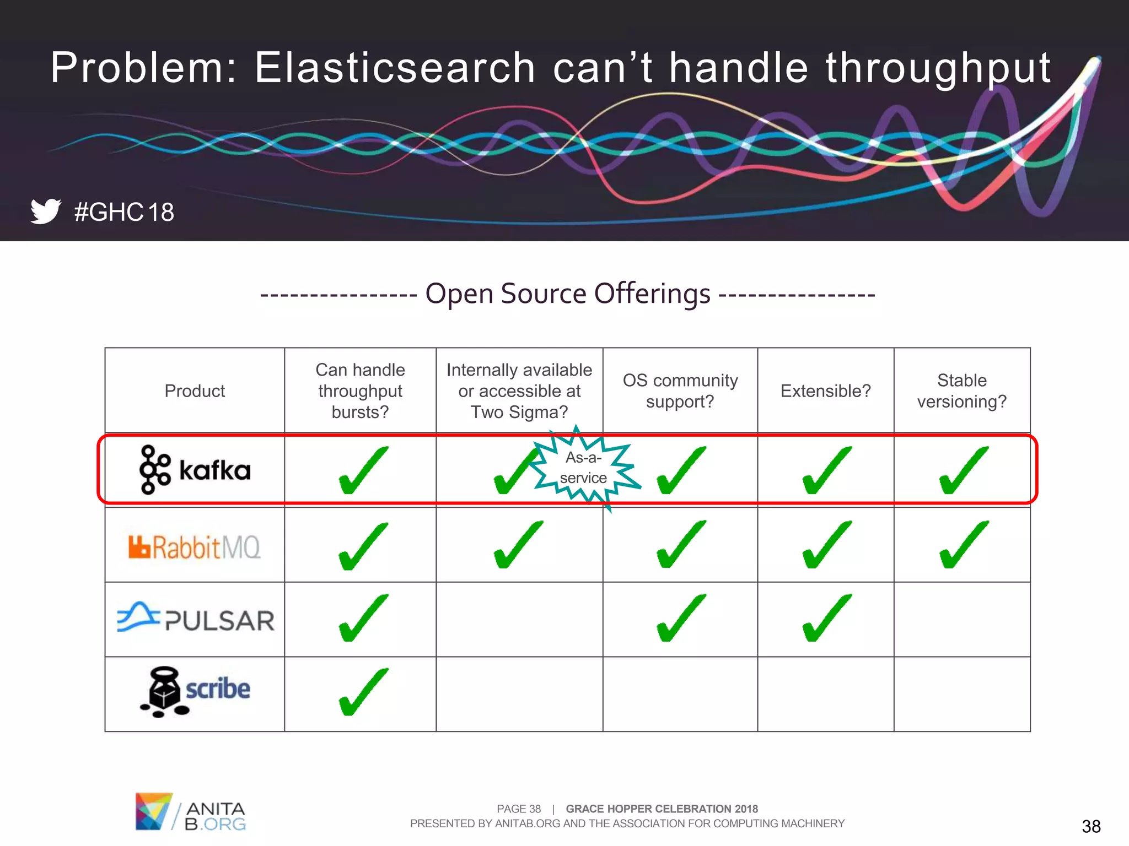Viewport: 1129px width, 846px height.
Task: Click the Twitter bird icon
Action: pyautogui.click(x=45, y=211)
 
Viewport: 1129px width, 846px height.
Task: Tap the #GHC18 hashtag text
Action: pyautogui.click(x=124, y=212)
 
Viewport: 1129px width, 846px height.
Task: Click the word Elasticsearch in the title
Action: pyautogui.click(x=395, y=68)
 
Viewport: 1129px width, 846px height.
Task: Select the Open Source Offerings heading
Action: pyautogui.click(x=567, y=294)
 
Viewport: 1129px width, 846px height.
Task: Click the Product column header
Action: pyautogui.click(x=195, y=391)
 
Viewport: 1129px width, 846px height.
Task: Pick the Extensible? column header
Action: pyautogui.click(x=825, y=391)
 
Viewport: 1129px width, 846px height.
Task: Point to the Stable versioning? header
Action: pyautogui.click(x=961, y=391)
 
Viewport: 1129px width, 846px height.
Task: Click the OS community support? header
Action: pyautogui.click(x=680, y=391)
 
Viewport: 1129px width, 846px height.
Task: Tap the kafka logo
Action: pyautogui.click(x=195, y=470)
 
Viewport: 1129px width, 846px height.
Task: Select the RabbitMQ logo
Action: pyautogui.click(x=195, y=547)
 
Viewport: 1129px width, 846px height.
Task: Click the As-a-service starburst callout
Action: pyautogui.click(x=584, y=468)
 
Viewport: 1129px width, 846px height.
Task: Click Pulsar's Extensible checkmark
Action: pyautogui.click(x=826, y=618)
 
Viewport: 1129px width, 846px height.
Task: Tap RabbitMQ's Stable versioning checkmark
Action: pyautogui.click(x=963, y=545)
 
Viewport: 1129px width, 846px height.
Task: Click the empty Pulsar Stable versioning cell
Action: pyautogui.click(x=961, y=619)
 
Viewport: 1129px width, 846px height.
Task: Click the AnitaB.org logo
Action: pyautogui.click(x=190, y=812)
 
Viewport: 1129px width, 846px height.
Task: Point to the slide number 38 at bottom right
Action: pyautogui.click(x=1090, y=826)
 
